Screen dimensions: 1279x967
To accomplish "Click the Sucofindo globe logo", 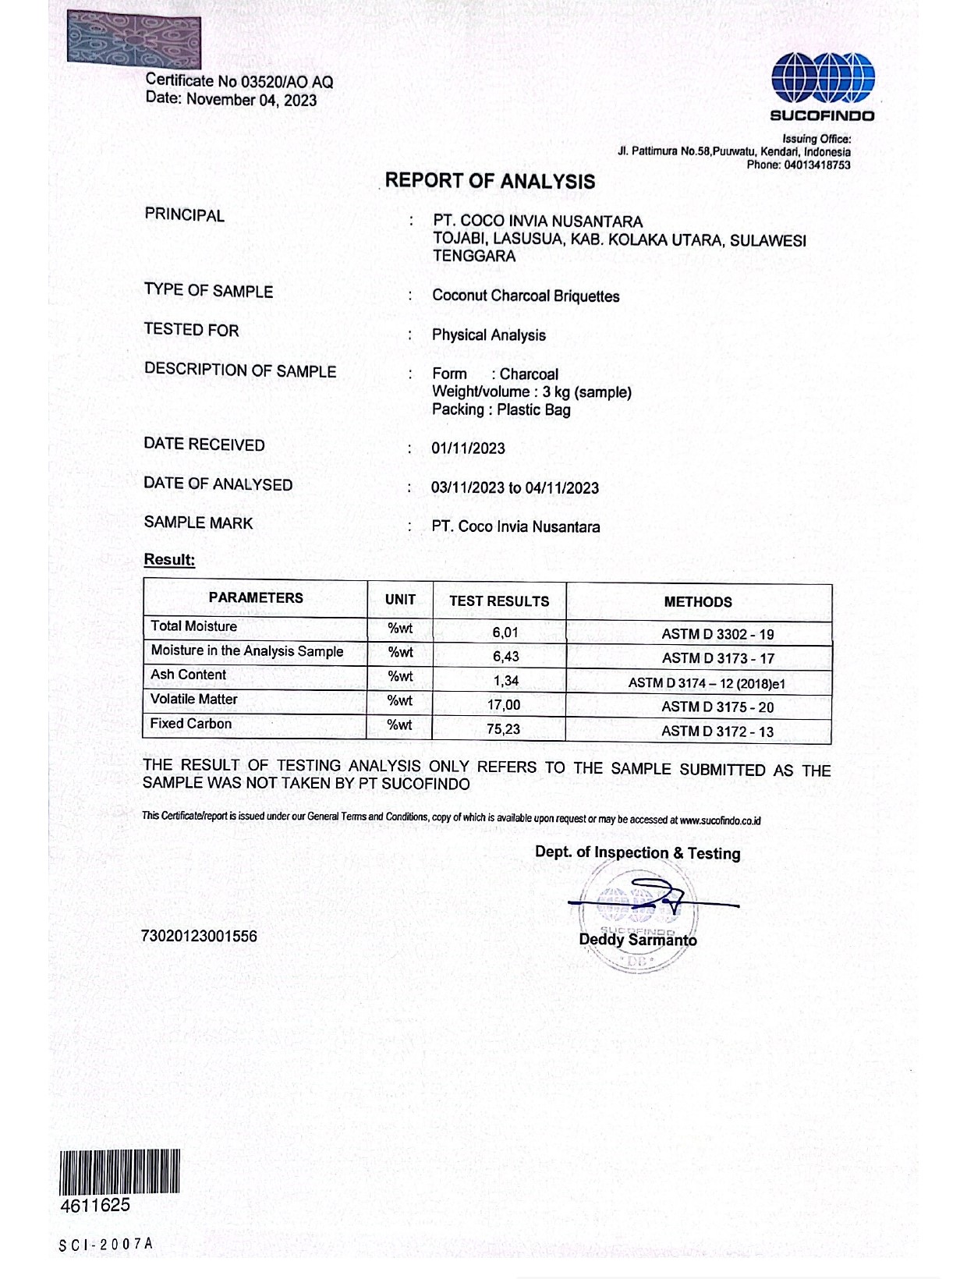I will point(823,78).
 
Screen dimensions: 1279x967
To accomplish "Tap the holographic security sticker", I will point(134,40).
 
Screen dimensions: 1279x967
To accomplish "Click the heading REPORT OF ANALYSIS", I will point(490,181).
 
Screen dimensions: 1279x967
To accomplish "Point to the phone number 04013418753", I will point(817,165).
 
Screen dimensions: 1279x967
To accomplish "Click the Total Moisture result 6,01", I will point(505,632).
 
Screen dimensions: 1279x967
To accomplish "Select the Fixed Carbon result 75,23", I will point(503,729).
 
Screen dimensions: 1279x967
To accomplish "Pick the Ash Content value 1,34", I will point(505,681).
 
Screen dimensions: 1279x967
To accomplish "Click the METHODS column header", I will point(698,602).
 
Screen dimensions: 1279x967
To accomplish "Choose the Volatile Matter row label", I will point(194,700).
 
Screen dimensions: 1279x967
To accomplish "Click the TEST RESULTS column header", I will point(499,601).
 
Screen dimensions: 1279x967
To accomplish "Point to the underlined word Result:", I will point(169,560).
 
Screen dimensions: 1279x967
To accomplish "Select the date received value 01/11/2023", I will point(468,448).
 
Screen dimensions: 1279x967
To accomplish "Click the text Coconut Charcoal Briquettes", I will point(526,296).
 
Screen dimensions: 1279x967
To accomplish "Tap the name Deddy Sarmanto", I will point(637,940).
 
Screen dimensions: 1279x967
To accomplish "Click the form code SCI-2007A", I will point(106,1245).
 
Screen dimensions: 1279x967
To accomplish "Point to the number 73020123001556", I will point(199,936).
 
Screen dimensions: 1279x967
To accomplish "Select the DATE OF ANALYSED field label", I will point(218,484).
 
